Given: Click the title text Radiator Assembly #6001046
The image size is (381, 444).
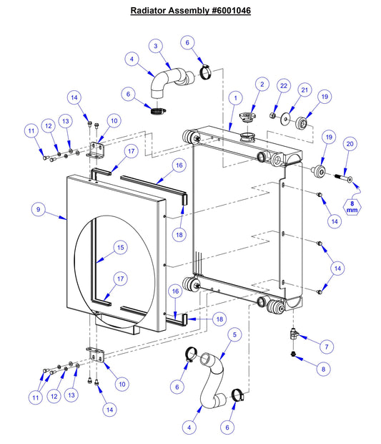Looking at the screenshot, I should tap(190, 11).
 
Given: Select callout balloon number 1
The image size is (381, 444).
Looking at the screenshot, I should tap(234, 96).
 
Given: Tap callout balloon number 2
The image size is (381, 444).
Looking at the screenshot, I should tap(262, 85).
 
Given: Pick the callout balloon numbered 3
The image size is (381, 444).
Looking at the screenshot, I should tap(157, 46).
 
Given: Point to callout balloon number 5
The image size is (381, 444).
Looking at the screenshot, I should tap(234, 334).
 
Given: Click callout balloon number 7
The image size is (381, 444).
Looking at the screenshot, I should tap(325, 347).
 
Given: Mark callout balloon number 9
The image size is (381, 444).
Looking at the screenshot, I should tap(39, 210).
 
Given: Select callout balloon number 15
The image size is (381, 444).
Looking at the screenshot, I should tap(120, 247).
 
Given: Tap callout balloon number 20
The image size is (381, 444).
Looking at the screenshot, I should tap(350, 143).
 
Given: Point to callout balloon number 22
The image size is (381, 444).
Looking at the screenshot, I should tap(283, 86).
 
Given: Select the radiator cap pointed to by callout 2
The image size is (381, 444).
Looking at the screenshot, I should tap(249, 115).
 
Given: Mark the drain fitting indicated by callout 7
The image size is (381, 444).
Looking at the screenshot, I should tap(295, 333).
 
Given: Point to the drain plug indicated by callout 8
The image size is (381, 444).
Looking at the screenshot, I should tap(295, 354).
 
